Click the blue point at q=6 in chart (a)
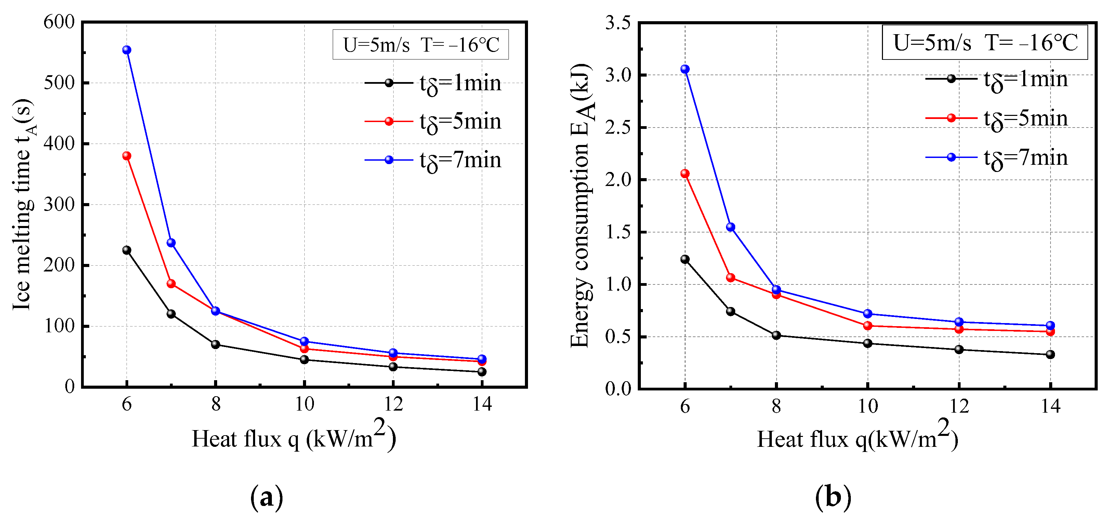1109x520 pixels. click(x=127, y=50)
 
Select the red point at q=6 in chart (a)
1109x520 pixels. click(x=127, y=156)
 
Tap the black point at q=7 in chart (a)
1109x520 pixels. click(x=171, y=314)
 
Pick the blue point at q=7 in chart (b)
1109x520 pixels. click(x=730, y=227)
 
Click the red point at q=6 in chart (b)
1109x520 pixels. click(x=685, y=173)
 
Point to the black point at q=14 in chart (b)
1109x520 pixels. click(x=1050, y=354)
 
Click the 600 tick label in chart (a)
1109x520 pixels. click(x=59, y=22)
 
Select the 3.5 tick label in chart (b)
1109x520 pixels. click(x=617, y=23)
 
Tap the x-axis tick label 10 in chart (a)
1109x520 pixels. click(x=304, y=404)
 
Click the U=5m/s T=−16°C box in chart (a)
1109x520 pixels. click(x=420, y=45)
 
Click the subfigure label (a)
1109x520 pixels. click(x=266, y=497)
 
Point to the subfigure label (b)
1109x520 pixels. click(x=833, y=497)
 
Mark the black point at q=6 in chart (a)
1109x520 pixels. click(x=127, y=250)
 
